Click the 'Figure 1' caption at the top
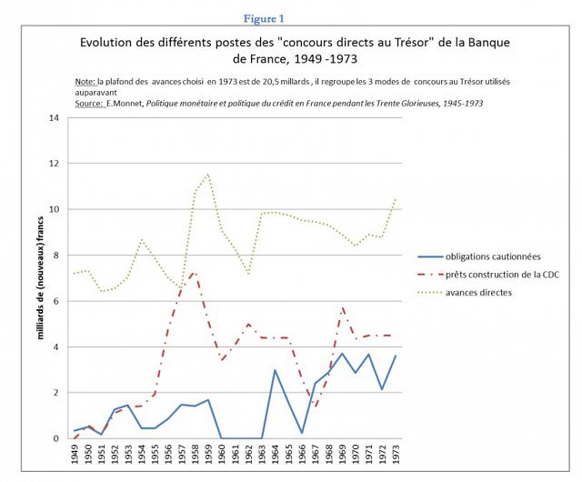(264, 18)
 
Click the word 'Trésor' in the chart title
(415, 43)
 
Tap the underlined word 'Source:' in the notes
(89, 104)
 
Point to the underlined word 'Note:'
(85, 82)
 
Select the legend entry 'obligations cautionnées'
(479, 256)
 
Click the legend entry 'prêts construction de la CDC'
(488, 275)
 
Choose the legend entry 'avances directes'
(465, 293)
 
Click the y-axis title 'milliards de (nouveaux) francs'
(40, 277)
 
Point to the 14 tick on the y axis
(54, 118)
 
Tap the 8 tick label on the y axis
(56, 256)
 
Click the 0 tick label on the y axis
(56, 438)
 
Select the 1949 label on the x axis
(75, 454)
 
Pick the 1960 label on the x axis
(222, 454)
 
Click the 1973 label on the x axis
(396, 454)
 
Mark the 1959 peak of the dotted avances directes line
(208, 174)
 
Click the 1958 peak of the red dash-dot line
(194, 273)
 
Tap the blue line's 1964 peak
(275, 370)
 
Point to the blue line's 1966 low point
(302, 433)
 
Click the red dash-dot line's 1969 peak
(342, 307)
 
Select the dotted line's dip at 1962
(248, 275)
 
